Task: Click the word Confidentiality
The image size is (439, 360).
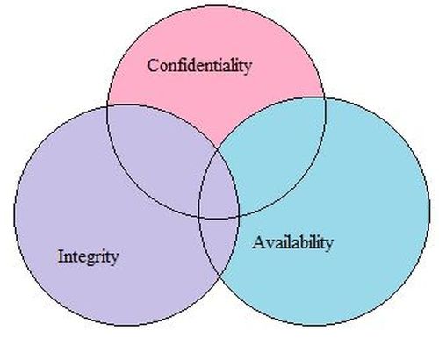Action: point(199,66)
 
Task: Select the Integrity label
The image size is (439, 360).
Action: point(88,257)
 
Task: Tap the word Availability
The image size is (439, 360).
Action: point(292,243)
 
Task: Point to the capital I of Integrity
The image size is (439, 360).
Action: point(61,256)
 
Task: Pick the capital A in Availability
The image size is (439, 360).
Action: point(259,242)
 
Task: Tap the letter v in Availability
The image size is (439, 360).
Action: point(270,244)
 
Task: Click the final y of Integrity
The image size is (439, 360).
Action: point(114,260)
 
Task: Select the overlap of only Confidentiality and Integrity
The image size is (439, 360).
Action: point(158,152)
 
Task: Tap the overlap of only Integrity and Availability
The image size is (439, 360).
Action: point(218,243)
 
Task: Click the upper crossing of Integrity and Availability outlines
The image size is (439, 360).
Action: point(218,149)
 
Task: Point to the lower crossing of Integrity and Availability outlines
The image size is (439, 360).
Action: point(219,277)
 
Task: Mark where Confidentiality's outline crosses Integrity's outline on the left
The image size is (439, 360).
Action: point(108,106)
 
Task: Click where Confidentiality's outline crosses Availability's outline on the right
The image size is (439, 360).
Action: point(325,97)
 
